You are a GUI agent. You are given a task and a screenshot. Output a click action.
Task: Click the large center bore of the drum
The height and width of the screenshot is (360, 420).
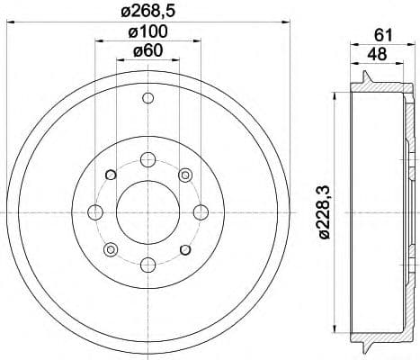click(x=146, y=212)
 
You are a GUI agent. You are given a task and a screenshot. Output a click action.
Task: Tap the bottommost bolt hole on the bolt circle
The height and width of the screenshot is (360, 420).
click(x=146, y=264)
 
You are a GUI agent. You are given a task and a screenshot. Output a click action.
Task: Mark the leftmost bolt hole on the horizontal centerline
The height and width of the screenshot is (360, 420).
click(x=94, y=212)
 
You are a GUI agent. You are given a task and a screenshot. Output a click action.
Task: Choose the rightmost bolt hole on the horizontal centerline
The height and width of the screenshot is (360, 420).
click(x=197, y=212)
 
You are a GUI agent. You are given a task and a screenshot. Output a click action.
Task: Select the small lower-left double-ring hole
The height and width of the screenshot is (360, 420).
click(x=110, y=249)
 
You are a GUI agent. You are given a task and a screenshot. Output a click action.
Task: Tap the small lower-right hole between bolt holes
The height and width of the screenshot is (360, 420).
click(x=183, y=249)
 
